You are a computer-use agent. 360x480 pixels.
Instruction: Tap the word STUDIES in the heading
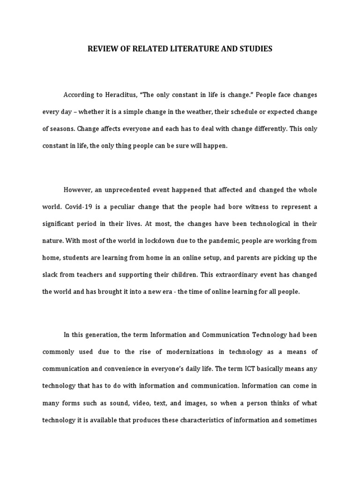pyautogui.click(x=255, y=49)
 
